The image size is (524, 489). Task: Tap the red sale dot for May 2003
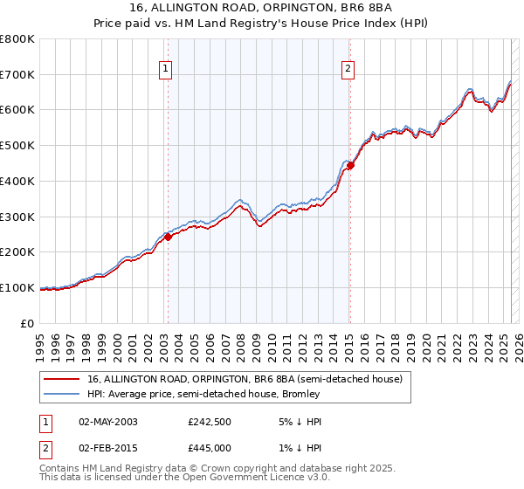click(x=168, y=237)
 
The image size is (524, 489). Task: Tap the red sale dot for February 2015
click(x=349, y=165)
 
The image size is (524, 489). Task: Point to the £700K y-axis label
click(x=17, y=74)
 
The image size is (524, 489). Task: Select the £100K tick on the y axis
click(x=17, y=287)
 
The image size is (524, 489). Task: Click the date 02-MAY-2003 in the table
click(x=108, y=422)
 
